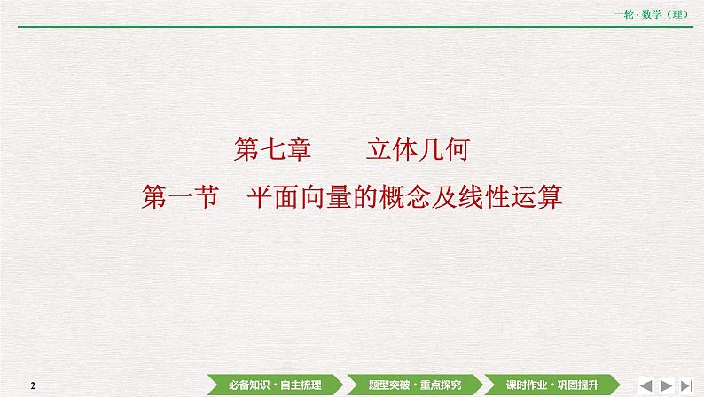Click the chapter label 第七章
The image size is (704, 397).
click(272, 149)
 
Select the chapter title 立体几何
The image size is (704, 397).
click(417, 149)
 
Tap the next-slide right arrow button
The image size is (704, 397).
click(669, 384)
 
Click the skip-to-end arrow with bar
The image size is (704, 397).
click(687, 384)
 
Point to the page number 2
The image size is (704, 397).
click(32, 385)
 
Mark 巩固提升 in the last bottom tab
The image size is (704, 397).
click(579, 384)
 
